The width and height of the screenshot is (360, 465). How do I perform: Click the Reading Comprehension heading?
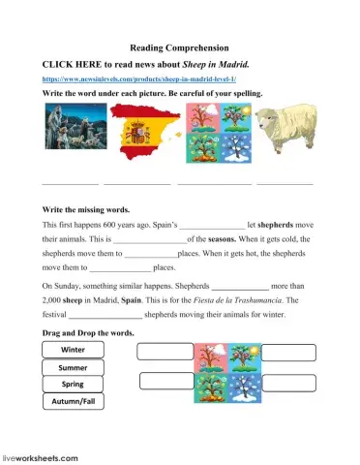tap(179, 46)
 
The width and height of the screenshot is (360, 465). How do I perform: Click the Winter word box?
tap(73, 350)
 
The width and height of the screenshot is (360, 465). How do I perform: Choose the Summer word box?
tap(73, 367)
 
